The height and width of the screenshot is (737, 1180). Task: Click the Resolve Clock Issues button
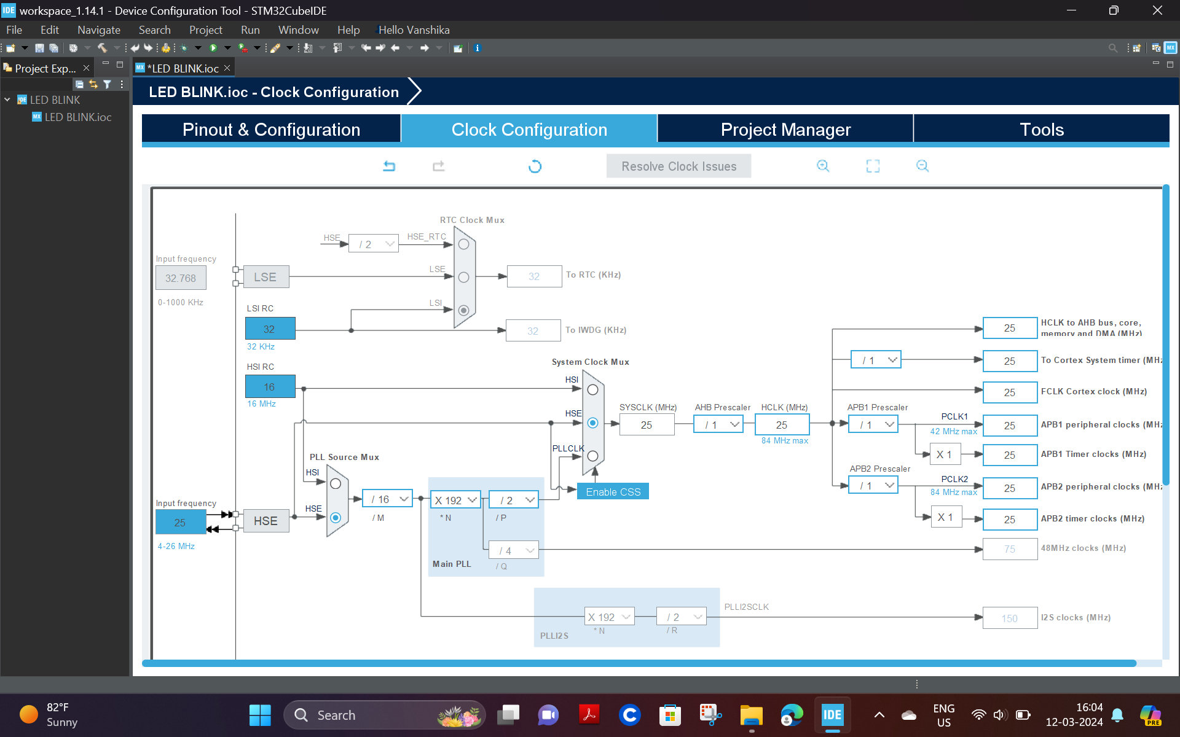(x=678, y=166)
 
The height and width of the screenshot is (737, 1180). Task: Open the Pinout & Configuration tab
(x=271, y=130)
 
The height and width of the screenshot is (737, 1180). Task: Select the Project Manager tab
(x=785, y=130)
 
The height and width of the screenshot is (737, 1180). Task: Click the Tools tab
(x=1041, y=130)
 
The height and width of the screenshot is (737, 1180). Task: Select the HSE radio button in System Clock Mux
(x=592, y=423)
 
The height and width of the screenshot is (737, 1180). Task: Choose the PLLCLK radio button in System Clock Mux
(x=592, y=456)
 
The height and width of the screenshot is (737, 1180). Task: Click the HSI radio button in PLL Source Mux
(x=336, y=484)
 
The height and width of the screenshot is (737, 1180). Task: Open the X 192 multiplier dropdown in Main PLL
(x=455, y=500)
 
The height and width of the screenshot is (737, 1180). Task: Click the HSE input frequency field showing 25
(x=180, y=523)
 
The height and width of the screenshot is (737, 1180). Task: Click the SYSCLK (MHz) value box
(x=647, y=425)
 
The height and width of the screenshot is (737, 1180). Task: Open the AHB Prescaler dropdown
(x=718, y=424)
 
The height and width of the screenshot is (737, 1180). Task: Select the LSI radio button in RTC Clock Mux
(x=464, y=310)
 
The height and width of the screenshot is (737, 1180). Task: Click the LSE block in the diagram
(x=265, y=277)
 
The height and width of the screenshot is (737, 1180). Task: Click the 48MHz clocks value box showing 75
(x=1010, y=549)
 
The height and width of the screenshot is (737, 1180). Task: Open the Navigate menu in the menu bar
(x=98, y=30)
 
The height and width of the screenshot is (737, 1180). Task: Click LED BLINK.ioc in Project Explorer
(x=77, y=117)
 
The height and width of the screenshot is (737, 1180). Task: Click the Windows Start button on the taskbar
(x=260, y=715)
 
